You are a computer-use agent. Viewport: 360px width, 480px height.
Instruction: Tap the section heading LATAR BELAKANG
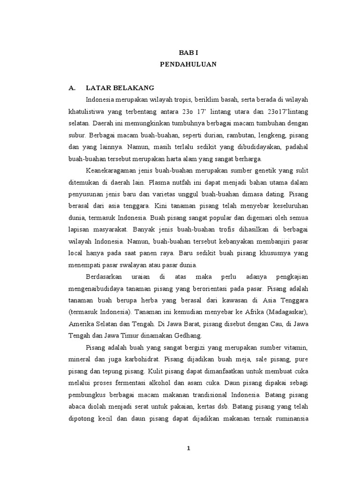120,88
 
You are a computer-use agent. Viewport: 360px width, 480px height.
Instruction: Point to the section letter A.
72,88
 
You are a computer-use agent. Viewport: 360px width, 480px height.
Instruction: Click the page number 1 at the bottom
188,448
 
